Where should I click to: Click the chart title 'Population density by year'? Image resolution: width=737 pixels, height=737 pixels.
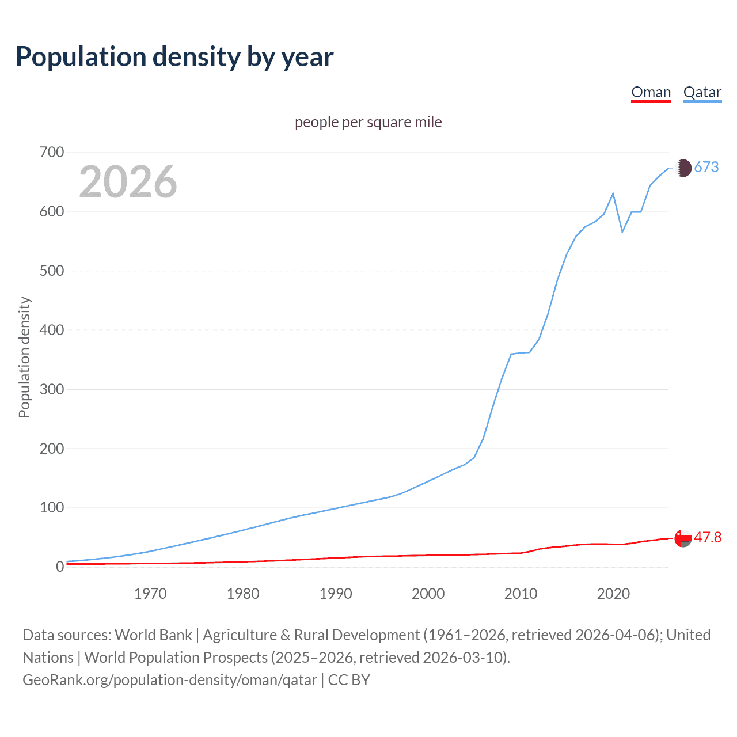coord(174,57)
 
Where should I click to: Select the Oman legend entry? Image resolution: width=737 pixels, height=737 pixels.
coord(651,92)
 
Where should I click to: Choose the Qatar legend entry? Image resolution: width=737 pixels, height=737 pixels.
coord(702,92)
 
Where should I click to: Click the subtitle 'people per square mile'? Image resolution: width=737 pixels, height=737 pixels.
coord(368,123)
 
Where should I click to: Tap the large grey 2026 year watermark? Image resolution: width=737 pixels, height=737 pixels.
coord(128,182)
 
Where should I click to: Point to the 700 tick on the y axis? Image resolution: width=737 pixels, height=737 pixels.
coord(51,153)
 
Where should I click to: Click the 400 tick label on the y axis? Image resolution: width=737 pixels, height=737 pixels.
coord(51,330)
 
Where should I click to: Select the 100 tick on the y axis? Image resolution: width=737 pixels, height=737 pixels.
coord(51,508)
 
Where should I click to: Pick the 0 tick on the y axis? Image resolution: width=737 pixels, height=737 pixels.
coord(59,567)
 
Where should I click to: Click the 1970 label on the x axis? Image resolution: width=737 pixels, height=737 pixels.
coord(150,594)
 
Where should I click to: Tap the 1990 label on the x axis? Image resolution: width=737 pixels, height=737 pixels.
coord(336,594)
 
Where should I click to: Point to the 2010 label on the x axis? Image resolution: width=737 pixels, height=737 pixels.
coord(521,594)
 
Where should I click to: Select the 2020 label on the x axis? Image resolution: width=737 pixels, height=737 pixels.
coord(613,594)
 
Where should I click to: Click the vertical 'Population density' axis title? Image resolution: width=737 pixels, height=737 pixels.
coord(24,357)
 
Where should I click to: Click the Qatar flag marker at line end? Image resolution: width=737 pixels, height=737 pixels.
coord(683,168)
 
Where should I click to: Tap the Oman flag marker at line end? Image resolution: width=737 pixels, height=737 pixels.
coord(683,538)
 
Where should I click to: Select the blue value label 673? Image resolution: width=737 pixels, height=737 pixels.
coord(706,168)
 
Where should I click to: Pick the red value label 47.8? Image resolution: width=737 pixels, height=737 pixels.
coord(708,538)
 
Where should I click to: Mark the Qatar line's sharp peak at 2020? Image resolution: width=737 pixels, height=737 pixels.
coord(613,193)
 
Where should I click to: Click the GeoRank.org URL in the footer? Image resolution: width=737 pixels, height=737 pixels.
coord(170,680)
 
